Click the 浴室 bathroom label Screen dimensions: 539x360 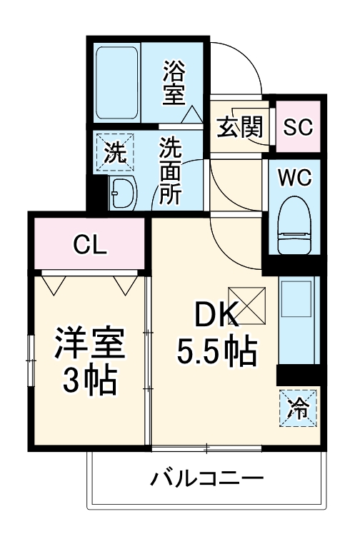pos(173,83)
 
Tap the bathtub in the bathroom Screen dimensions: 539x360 pos(118,84)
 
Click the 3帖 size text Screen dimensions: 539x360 pos(90,384)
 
